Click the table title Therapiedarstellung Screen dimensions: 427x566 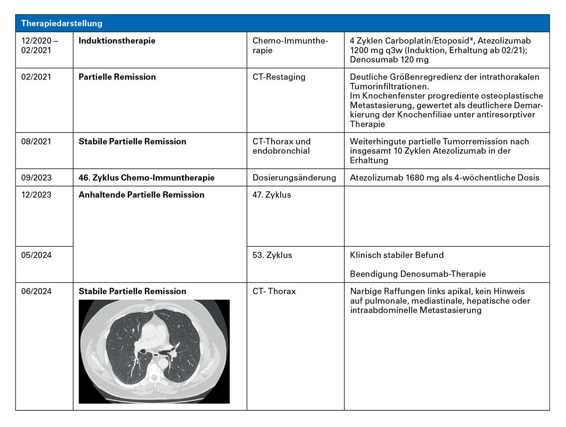tap(62, 23)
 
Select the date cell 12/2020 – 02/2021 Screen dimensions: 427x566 tap(40, 45)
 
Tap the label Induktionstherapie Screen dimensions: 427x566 tap(117, 41)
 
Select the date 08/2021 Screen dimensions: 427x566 tap(36, 141)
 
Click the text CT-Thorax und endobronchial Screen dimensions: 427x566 tap(282, 146)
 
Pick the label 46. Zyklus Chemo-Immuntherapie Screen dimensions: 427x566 tap(146, 178)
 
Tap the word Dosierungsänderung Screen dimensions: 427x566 tap(294, 178)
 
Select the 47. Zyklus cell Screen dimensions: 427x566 tap(272, 195)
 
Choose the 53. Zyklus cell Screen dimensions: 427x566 tap(272, 255)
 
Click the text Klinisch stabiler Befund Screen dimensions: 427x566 tap(397, 255)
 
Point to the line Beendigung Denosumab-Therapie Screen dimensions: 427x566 tap(418, 274)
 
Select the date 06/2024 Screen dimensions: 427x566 tap(36, 291)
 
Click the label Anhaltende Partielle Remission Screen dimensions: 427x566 tap(141, 195)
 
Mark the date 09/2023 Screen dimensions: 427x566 tap(36, 178)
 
